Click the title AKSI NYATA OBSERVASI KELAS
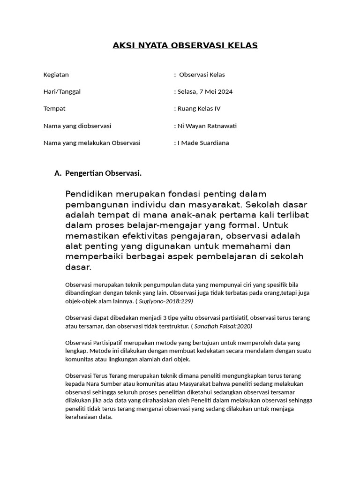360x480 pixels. coord(185,45)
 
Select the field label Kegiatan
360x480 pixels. coord(56,75)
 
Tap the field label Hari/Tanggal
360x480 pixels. coord(62,91)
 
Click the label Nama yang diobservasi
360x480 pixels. coord(77,126)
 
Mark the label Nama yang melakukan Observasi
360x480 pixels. coord(92,142)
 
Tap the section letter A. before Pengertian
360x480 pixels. coord(58,173)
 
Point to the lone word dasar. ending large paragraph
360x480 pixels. coord(78,267)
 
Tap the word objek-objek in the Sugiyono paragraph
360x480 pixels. coord(80,301)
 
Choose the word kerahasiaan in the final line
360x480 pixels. coord(83,417)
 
